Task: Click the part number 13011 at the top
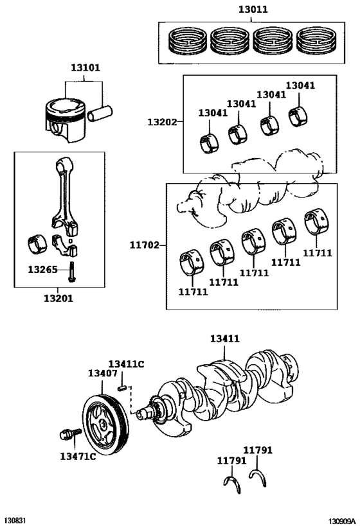pos(253,10)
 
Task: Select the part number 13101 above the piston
pos(85,68)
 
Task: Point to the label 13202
pos(162,122)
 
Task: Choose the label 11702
pos(145,245)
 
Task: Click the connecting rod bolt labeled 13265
pos(71,272)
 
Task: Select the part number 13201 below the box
pos(59,298)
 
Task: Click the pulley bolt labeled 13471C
pos(70,434)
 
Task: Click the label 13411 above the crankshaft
pos(225,338)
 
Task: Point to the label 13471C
pos(78,456)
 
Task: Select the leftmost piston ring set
pos(187,41)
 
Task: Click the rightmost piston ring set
pos(316,41)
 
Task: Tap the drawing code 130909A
pos(341,521)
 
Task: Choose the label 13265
pos(42,269)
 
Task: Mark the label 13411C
pos(126,364)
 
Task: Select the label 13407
pos(103,373)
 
